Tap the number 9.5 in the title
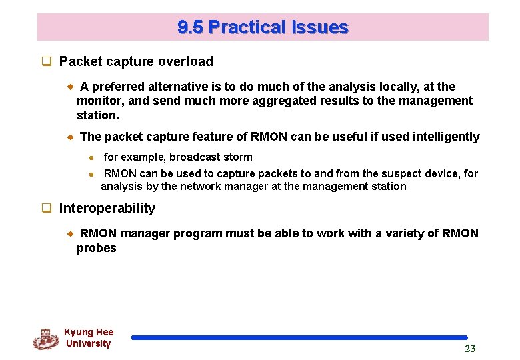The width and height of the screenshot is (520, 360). (191, 27)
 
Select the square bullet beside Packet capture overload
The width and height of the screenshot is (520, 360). (47, 62)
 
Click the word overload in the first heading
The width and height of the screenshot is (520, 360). (187, 61)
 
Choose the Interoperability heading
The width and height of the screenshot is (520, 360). (107, 208)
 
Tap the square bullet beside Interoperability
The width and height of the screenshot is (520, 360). (47, 209)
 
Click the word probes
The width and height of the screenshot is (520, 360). (97, 248)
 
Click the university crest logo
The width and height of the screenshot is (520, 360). (45, 339)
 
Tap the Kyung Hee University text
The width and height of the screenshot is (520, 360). (88, 338)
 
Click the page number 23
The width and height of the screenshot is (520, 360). (470, 349)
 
